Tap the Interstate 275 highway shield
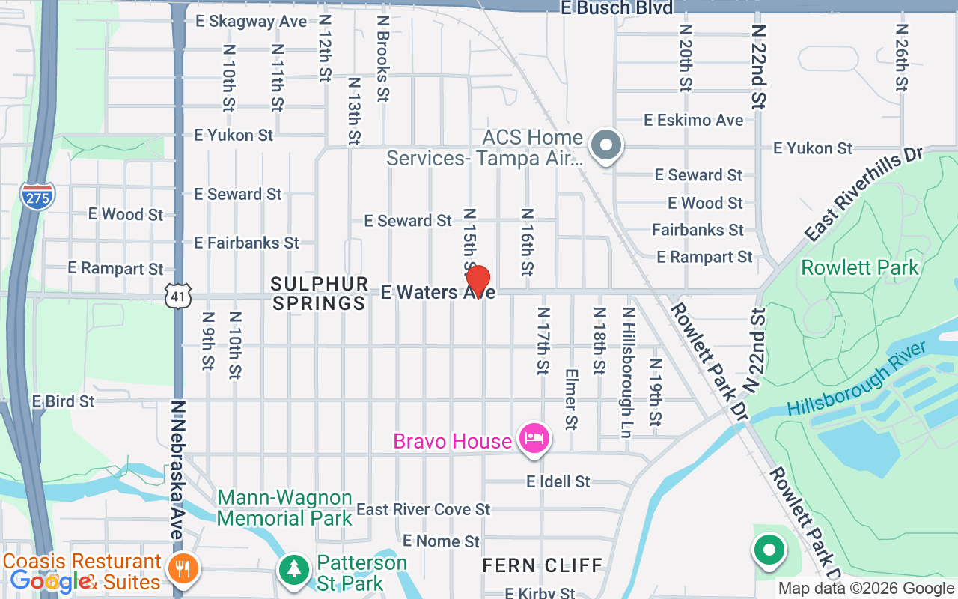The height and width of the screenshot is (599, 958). (36, 195)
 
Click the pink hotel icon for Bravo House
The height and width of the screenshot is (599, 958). (534, 437)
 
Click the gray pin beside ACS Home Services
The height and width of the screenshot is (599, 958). (606, 146)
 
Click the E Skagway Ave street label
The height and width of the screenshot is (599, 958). (251, 21)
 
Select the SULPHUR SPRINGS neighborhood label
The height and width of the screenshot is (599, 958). (320, 294)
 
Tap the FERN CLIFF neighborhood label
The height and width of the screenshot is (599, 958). (543, 565)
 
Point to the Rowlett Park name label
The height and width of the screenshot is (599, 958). (859, 267)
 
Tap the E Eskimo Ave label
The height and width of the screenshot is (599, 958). (694, 120)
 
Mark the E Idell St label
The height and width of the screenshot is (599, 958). (558, 481)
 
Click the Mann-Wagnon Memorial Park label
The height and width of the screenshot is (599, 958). (284, 508)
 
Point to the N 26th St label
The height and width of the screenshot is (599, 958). (901, 57)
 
